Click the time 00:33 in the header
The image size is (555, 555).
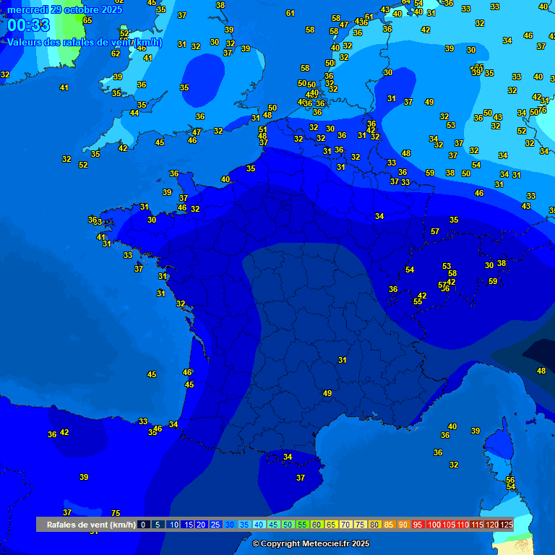29,26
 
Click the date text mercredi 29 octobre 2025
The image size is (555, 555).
65,9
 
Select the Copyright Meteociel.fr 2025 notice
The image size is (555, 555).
311,543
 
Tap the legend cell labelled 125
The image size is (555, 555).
507,525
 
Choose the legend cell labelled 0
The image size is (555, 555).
143,525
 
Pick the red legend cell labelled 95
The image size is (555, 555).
418,525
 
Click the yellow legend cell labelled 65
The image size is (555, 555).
332,525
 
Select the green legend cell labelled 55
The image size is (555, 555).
303,525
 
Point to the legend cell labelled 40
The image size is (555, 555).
259,525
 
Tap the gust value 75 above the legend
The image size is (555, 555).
116,513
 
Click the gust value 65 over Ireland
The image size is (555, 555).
87,20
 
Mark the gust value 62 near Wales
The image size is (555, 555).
116,53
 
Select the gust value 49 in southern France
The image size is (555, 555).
327,393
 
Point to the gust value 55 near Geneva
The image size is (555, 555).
418,301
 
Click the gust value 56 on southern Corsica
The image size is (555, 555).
510,480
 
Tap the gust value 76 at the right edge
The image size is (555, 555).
542,110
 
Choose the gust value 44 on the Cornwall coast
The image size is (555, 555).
134,113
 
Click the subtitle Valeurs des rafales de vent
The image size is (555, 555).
85,43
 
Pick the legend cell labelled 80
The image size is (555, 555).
375,525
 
